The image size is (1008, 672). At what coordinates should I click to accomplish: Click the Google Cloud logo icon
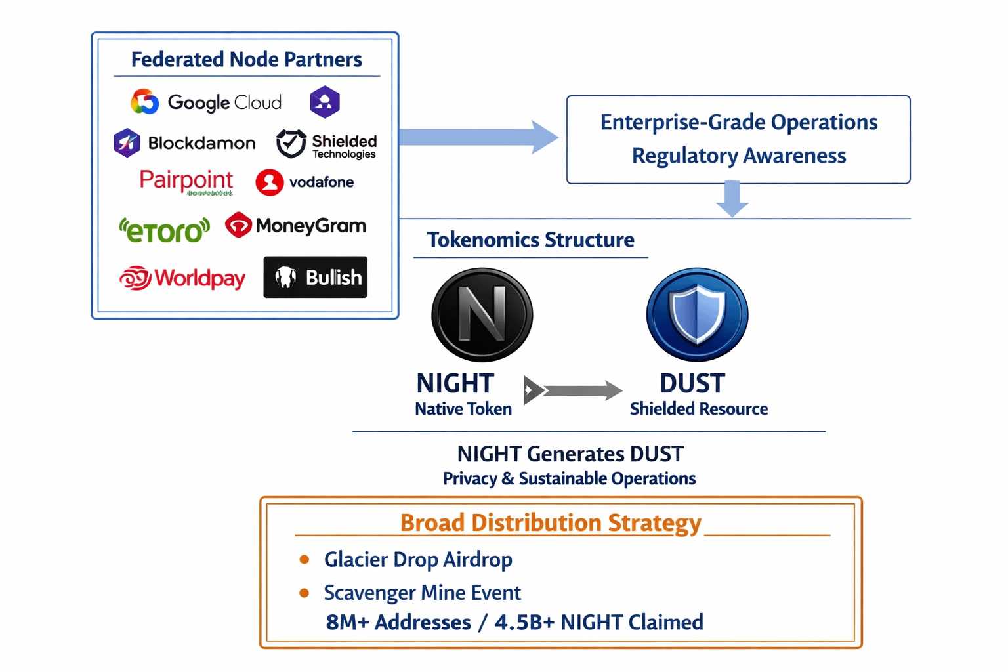tap(144, 102)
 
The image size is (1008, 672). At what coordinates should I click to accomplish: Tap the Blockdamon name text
tap(201, 143)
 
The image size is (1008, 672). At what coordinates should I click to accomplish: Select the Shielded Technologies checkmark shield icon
tap(291, 143)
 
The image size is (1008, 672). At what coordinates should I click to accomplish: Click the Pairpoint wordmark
tap(186, 180)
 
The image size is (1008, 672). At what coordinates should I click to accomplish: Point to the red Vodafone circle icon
tap(269, 182)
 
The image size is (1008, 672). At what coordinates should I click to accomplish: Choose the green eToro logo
tap(164, 230)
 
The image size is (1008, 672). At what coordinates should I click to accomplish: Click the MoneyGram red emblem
tap(238, 225)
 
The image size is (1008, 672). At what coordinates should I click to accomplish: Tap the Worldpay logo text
tap(199, 278)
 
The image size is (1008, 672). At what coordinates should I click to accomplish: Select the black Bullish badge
tap(315, 277)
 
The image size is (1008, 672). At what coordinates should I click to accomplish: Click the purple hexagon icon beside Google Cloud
tap(324, 102)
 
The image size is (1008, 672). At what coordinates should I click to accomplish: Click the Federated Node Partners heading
tap(246, 60)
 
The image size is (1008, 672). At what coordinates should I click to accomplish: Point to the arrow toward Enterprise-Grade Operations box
tap(478, 137)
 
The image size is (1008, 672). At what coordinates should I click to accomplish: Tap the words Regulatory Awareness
tap(739, 156)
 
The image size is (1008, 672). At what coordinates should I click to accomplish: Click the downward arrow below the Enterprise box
tap(732, 199)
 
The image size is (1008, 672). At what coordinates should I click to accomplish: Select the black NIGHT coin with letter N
tap(482, 314)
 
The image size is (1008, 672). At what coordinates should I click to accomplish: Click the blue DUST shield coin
tap(697, 314)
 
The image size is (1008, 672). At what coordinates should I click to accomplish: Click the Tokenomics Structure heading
tap(530, 240)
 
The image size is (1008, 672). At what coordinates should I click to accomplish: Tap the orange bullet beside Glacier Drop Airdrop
tap(304, 560)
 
